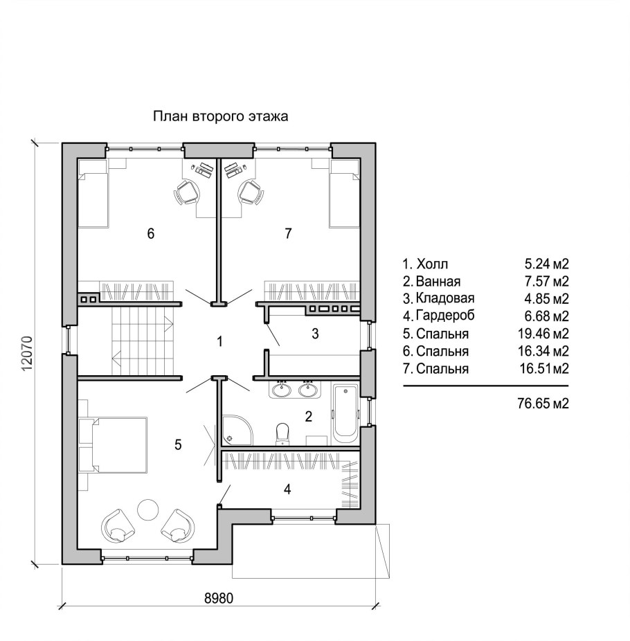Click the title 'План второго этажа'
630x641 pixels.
220,116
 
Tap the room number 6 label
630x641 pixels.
151,234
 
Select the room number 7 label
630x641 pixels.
288,234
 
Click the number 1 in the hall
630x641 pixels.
220,341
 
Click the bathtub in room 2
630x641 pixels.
345,413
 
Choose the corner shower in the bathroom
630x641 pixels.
237,430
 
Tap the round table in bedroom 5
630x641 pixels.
147,509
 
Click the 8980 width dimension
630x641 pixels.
219,599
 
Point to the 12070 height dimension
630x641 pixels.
26,354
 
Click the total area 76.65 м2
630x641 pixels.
543,404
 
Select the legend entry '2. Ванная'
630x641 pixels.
432,281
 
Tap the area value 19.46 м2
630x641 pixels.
543,334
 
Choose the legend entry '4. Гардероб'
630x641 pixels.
439,316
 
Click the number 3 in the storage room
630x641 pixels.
315,334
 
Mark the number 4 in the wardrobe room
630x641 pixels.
287,489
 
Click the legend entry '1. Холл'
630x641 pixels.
426,264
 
